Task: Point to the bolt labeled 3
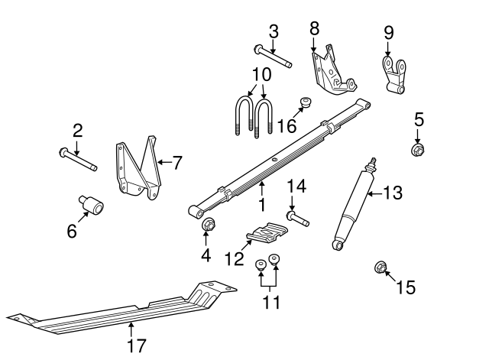pyautogui.click(x=270, y=57)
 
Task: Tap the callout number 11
pyautogui.click(x=267, y=303)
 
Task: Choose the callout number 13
pyautogui.click(x=391, y=193)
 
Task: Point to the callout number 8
pyautogui.click(x=314, y=28)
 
